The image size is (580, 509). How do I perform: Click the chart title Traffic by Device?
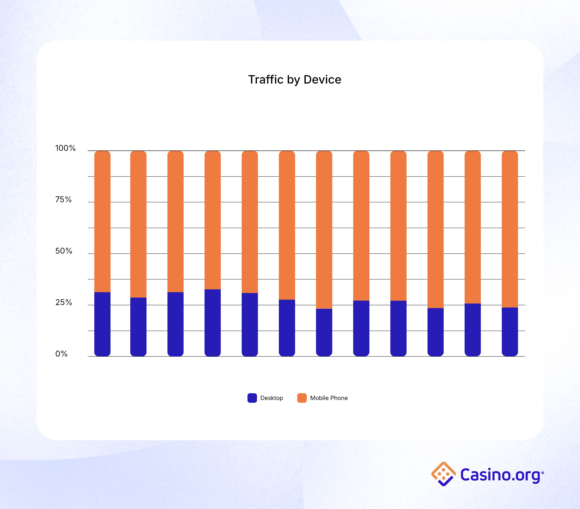(x=295, y=80)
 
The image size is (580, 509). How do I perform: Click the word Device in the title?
(x=322, y=80)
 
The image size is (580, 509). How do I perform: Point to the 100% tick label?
(x=65, y=148)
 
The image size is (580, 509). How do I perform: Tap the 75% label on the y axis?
(x=63, y=200)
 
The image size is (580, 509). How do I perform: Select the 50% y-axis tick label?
(x=64, y=251)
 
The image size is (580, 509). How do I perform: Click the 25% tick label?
(x=64, y=302)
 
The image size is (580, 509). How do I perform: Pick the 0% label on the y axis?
(x=61, y=354)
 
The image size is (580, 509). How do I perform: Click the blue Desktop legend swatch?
(x=252, y=398)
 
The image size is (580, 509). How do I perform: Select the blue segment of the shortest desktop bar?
(x=324, y=332)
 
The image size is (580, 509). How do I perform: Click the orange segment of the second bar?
(x=138, y=224)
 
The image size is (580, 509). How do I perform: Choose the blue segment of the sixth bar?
(x=287, y=328)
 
